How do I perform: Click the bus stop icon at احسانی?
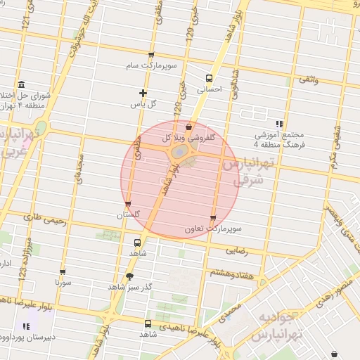209,78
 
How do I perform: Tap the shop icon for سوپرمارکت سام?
151,55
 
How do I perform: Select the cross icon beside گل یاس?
143,93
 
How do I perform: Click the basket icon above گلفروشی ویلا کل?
189,127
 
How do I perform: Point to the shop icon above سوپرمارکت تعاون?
213,218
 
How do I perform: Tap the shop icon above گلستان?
127,204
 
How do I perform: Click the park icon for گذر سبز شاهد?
129,276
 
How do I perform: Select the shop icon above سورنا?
63,272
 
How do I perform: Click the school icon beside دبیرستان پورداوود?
26,326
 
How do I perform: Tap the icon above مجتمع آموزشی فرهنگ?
280,122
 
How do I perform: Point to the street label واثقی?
309,83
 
